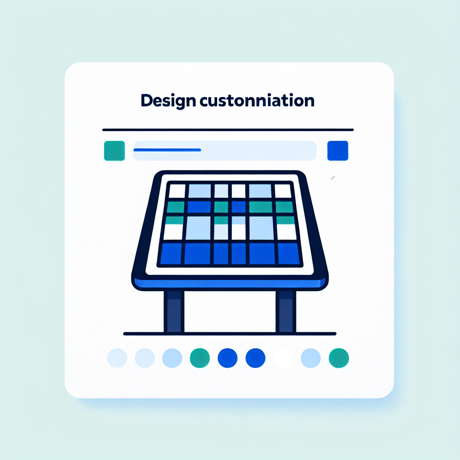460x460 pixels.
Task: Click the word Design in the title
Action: [x=168, y=101]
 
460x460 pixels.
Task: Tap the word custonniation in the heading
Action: [x=257, y=100]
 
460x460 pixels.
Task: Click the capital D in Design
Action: [x=147, y=100]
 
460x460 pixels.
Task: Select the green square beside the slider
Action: [x=115, y=151]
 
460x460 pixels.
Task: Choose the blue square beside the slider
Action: [x=338, y=151]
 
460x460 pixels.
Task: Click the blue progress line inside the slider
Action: [x=167, y=150]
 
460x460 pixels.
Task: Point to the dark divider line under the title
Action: [x=228, y=130]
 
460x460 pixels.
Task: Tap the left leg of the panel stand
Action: [x=174, y=312]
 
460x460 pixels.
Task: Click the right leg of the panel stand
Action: [x=286, y=312]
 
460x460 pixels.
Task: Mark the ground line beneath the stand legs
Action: [x=230, y=334]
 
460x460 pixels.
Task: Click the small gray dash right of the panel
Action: [x=332, y=178]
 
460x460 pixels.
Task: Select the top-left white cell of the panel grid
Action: [x=177, y=191]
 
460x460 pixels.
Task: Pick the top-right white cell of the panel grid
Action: [x=283, y=191]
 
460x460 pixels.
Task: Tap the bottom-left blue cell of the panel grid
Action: [x=172, y=254]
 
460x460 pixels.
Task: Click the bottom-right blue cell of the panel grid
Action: [x=289, y=254]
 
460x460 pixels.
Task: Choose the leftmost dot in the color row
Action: [x=117, y=358]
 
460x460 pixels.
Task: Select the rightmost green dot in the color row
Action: [x=339, y=358]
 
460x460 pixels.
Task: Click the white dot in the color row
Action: [x=283, y=358]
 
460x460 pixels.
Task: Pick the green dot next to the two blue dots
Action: [x=200, y=358]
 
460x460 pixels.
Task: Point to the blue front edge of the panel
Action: [x=230, y=283]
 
